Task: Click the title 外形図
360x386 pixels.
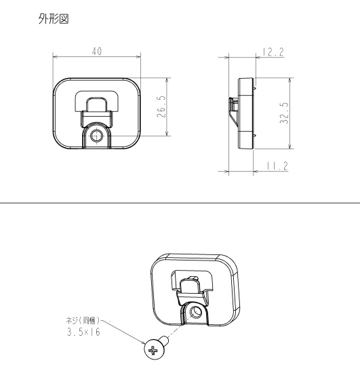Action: (x=54, y=19)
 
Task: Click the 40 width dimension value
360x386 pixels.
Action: (x=97, y=51)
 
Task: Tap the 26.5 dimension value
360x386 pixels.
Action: (x=161, y=107)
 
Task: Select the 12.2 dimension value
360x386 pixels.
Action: (x=273, y=52)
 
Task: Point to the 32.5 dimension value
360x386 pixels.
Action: (x=284, y=113)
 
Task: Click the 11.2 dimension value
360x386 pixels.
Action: (x=277, y=166)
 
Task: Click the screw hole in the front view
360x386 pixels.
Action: (x=97, y=136)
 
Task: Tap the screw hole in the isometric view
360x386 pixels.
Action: (x=196, y=312)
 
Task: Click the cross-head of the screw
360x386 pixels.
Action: (x=153, y=350)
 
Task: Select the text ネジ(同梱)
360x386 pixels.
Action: (x=83, y=320)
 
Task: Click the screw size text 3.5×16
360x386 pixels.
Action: (x=83, y=332)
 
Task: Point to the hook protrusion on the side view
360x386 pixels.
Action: (x=233, y=112)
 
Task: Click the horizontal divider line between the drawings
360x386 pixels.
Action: (x=180, y=203)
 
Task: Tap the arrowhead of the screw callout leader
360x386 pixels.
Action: (x=143, y=343)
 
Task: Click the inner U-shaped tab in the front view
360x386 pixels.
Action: (x=96, y=104)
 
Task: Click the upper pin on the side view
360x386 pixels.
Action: (x=255, y=88)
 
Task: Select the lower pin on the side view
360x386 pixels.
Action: (x=255, y=136)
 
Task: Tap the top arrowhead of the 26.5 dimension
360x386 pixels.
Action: (x=167, y=80)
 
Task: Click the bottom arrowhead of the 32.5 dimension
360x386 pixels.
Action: (x=290, y=147)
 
